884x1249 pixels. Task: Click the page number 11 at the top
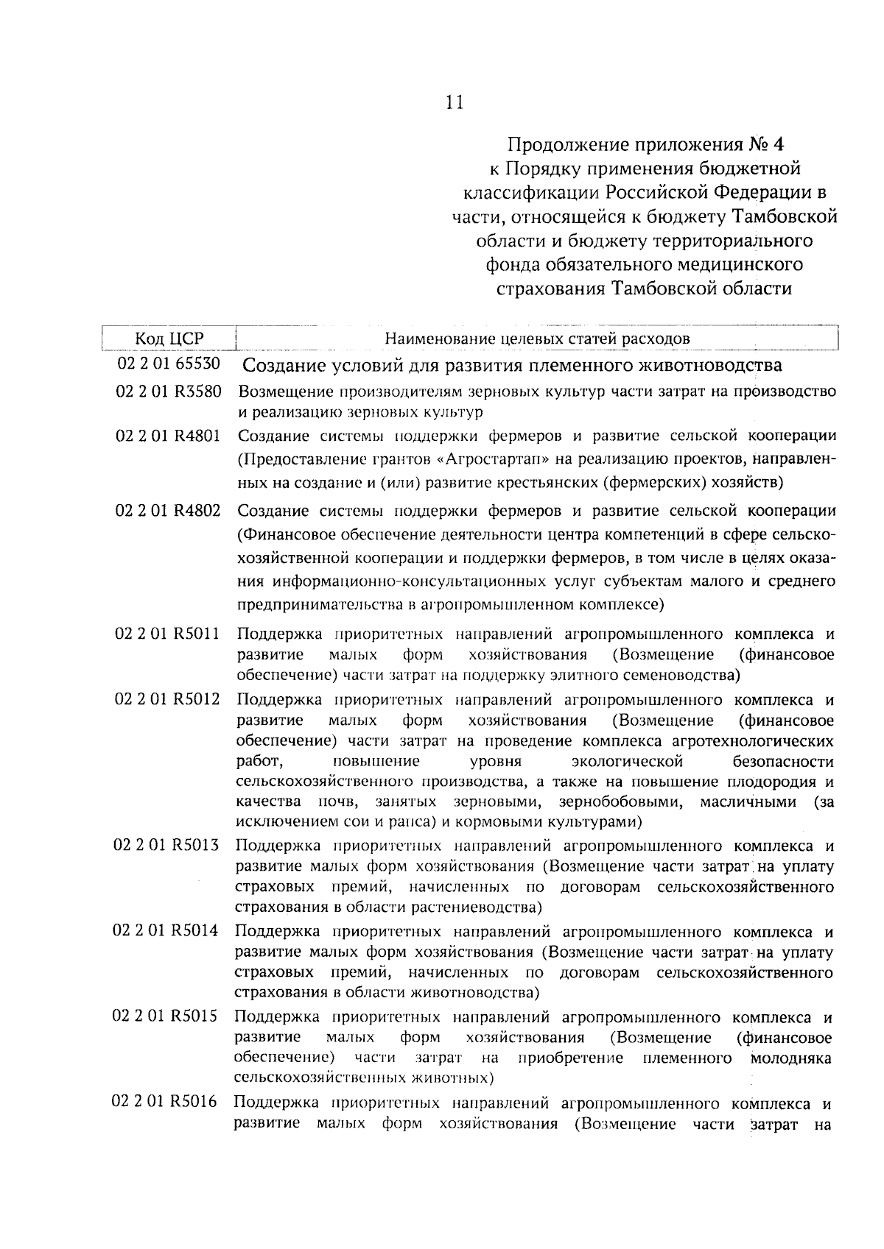point(455,102)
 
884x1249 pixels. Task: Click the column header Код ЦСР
point(169,339)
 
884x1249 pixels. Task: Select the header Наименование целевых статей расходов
point(537,339)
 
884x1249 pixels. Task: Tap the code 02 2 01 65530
point(169,364)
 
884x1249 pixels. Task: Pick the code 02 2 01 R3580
point(169,391)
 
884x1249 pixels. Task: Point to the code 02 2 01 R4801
point(169,435)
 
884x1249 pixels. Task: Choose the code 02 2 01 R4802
point(168,510)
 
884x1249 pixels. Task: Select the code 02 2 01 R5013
point(166,845)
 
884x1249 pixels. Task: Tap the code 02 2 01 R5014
point(166,930)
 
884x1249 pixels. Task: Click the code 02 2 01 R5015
point(166,1016)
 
